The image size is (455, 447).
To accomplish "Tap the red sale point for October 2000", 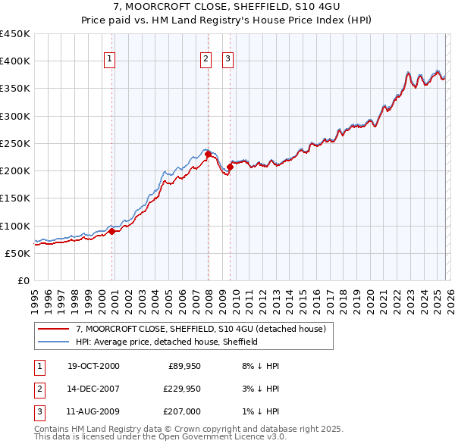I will tap(111, 231).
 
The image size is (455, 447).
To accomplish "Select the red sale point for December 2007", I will tap(208, 155).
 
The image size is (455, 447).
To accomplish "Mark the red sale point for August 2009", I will tap(230, 167).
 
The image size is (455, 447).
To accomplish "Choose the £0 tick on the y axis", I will tap(22, 280).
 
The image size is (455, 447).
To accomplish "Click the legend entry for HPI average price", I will tap(167, 342).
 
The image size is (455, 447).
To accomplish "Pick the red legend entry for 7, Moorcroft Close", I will tap(200, 329).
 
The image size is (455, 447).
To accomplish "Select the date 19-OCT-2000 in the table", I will tap(93, 366).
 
